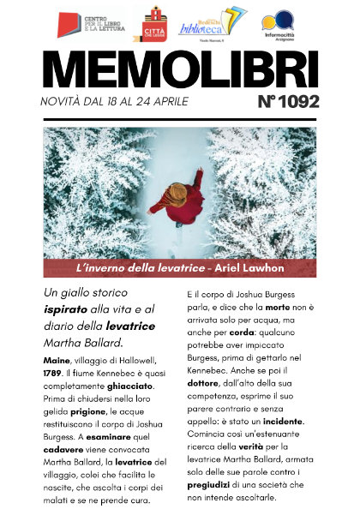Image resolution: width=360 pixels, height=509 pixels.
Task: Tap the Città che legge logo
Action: pyautogui.click(x=155, y=23)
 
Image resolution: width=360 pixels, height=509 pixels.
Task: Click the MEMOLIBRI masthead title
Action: pyautogui.click(x=179, y=69)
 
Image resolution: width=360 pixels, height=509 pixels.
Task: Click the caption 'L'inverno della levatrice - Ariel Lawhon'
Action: pyautogui.click(x=180, y=269)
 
